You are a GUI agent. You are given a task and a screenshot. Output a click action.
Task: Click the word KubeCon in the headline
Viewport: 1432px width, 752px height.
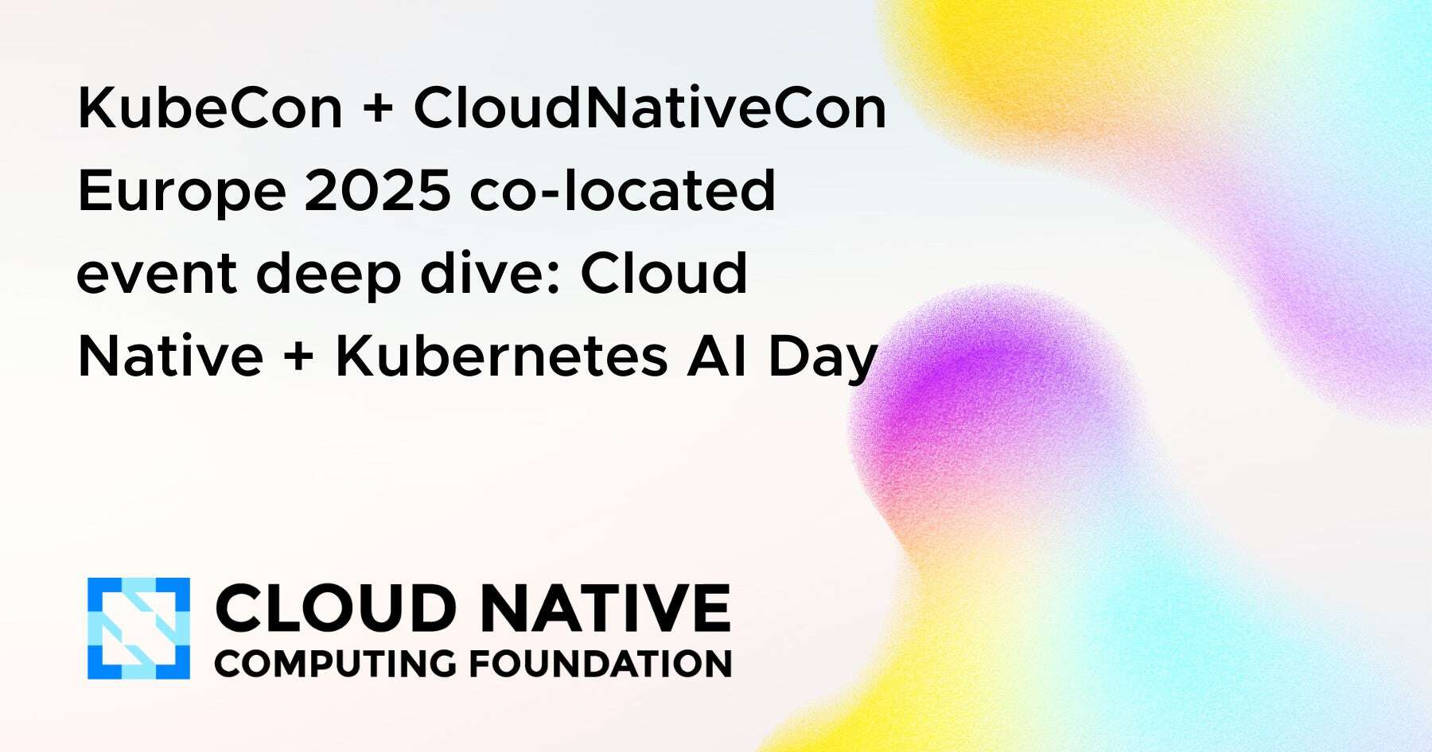[x=209, y=108]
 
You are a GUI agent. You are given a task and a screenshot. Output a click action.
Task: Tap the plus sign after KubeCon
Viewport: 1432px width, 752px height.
[x=377, y=109]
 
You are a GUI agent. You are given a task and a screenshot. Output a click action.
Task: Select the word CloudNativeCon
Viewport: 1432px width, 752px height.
[x=649, y=108]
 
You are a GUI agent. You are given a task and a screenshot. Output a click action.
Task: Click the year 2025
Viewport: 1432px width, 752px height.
[x=377, y=191]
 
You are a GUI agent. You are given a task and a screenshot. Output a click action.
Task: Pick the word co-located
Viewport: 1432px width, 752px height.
[x=622, y=191]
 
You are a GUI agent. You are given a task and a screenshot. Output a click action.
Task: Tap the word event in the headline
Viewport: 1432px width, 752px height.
[x=156, y=275]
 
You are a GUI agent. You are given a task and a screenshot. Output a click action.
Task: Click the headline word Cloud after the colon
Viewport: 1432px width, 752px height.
[x=664, y=273]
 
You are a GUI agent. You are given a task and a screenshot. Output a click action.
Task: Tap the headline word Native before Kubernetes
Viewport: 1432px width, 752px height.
[x=170, y=357]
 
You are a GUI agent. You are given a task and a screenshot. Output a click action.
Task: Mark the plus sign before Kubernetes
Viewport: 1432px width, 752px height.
[x=299, y=357]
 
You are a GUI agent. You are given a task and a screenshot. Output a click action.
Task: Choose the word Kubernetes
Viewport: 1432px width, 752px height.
[x=501, y=357]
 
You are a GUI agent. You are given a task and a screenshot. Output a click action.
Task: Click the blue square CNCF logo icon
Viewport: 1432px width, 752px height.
[x=138, y=629]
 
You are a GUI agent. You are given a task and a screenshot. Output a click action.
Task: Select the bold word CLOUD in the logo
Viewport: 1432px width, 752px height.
[x=335, y=609]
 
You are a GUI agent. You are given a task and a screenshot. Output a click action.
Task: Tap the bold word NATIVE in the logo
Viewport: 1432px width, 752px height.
[x=605, y=609]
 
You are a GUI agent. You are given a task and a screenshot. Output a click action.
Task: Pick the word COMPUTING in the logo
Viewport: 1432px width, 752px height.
[x=335, y=664]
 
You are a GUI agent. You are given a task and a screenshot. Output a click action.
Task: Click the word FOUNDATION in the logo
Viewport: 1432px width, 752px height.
[x=601, y=664]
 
